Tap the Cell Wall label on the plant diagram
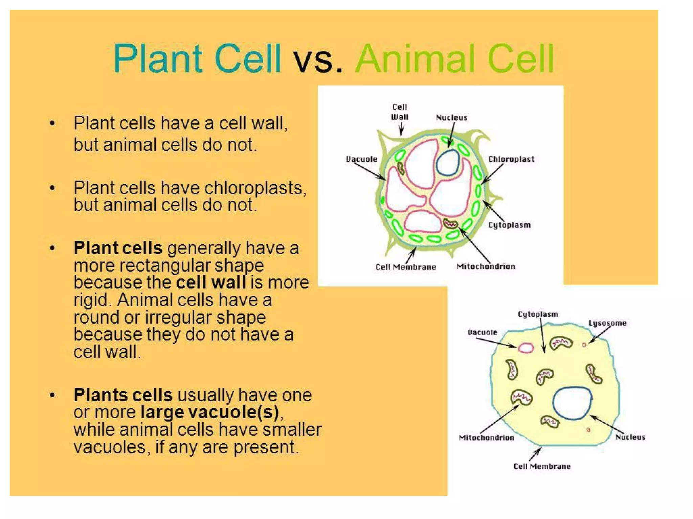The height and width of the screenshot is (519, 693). (x=400, y=112)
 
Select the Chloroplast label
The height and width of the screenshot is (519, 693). (x=511, y=159)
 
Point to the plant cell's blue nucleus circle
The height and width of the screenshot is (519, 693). (x=448, y=162)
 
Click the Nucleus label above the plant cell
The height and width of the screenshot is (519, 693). (x=451, y=118)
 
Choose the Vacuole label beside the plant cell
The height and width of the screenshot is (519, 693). (x=361, y=159)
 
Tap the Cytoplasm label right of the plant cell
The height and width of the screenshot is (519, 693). (x=509, y=225)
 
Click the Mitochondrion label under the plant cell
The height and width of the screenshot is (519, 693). (x=486, y=266)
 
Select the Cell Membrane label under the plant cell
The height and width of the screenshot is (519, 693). (x=406, y=267)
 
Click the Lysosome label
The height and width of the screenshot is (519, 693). (x=607, y=323)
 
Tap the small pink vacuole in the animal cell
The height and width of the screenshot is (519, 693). (x=526, y=348)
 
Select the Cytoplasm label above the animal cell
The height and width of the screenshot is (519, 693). (x=538, y=314)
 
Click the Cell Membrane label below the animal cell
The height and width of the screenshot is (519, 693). (x=542, y=467)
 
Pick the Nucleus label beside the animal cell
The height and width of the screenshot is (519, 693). (x=630, y=437)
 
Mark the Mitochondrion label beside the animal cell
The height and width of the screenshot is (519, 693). (x=486, y=438)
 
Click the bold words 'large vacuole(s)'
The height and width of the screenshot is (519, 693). (x=210, y=412)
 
